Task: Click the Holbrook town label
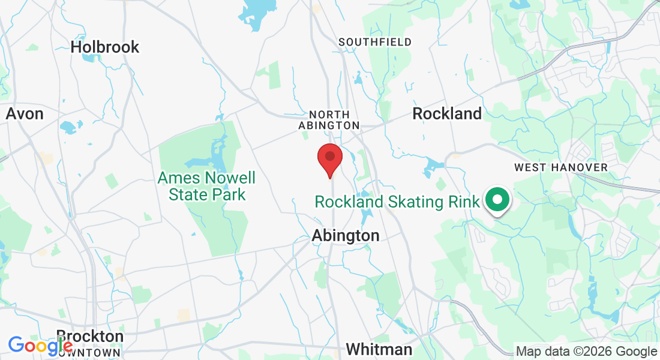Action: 105,47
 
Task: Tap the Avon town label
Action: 25,113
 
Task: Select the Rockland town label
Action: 447,113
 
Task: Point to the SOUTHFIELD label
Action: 375,42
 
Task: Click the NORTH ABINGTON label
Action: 329,120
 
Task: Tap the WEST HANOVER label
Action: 561,167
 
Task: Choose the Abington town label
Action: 346,236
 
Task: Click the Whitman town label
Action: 379,349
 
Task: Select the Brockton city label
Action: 90,336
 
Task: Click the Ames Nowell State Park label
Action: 207,186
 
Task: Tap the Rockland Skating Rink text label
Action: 397,202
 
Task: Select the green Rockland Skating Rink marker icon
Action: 496,200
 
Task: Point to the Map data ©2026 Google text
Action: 587,352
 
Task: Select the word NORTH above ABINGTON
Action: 329,115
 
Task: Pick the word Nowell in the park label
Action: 230,178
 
